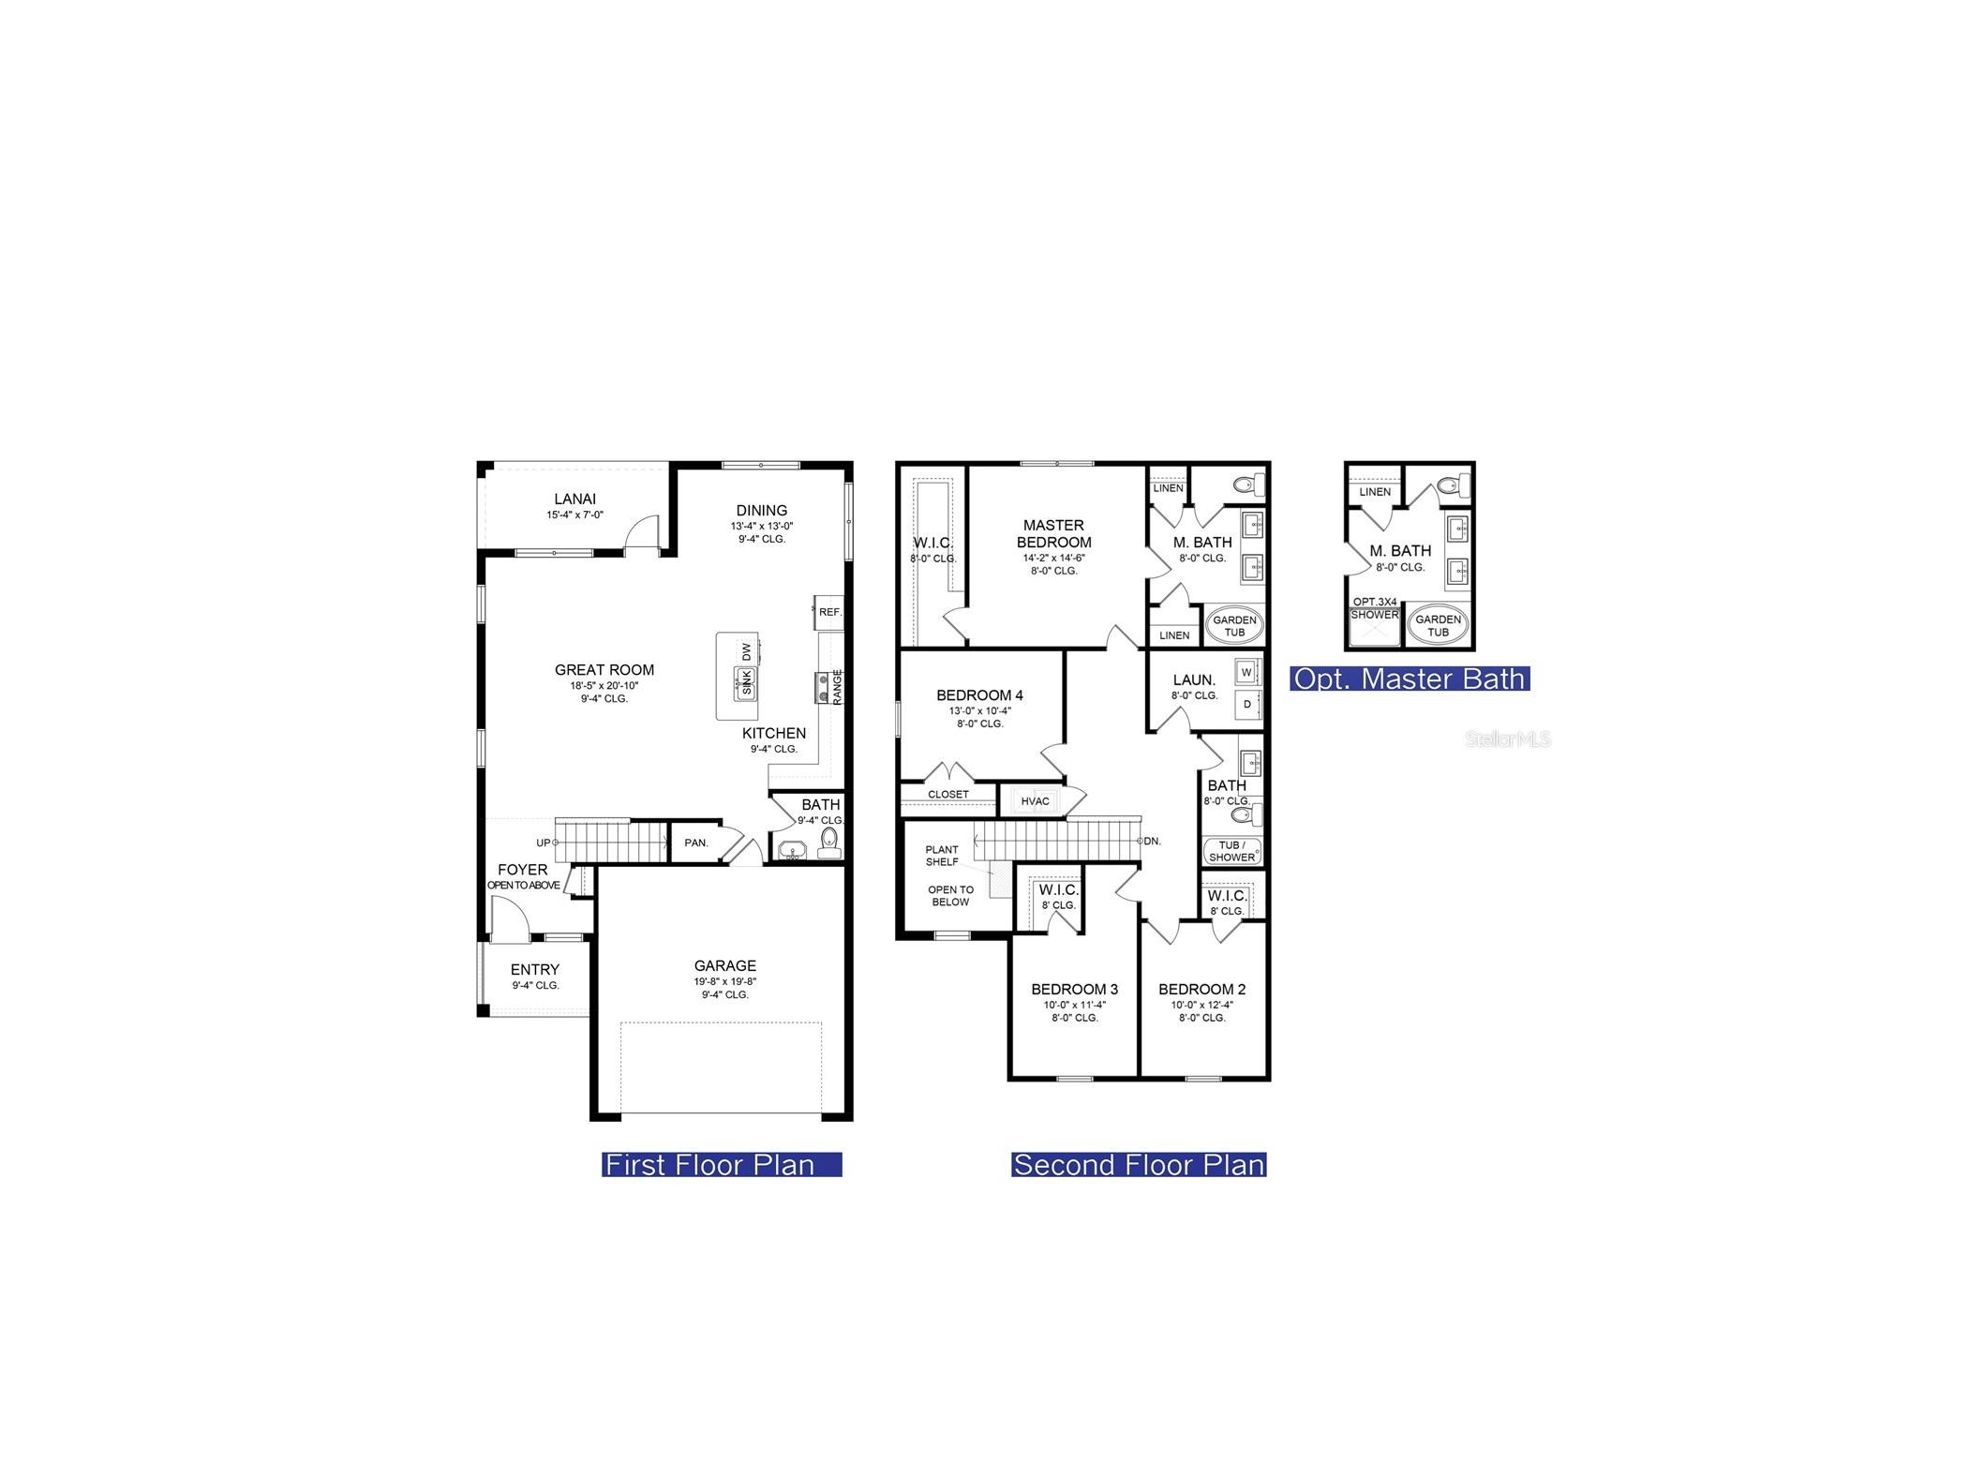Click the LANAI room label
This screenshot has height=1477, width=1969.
point(574,499)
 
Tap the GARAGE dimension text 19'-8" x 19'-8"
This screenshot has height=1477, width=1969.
point(724,981)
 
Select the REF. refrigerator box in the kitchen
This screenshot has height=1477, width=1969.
point(828,611)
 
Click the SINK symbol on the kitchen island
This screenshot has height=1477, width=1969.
point(746,683)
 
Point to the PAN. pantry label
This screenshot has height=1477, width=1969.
point(695,843)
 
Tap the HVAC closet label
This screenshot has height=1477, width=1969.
point(1035,800)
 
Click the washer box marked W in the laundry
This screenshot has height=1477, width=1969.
point(1246,672)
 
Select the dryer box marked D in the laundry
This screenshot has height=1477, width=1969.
point(1246,704)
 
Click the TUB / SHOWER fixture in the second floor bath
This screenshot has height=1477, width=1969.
point(1231,851)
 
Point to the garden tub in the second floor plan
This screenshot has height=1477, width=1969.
point(1234,625)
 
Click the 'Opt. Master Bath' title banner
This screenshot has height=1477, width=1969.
point(1409,679)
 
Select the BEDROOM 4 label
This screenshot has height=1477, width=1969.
point(979,694)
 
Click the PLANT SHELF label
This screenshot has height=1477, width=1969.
point(942,856)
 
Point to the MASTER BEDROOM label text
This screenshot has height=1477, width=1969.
point(1053,533)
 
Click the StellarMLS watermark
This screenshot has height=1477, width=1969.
point(1507,739)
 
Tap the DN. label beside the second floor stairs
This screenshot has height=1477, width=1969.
point(1152,841)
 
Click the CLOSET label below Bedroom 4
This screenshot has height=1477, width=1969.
point(947,794)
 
